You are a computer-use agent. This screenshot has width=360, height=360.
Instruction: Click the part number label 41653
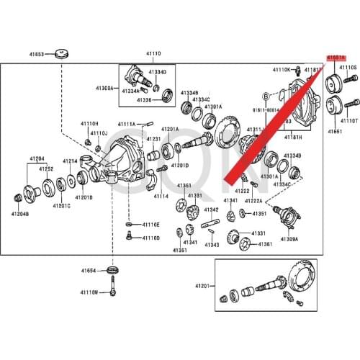pos(36,54)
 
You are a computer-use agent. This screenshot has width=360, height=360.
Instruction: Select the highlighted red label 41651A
pos(336,56)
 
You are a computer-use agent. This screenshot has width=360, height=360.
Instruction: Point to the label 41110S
pos(348,68)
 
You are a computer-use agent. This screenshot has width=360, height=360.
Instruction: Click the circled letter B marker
pos(266,94)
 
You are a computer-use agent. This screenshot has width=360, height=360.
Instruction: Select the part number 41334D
pos(157,73)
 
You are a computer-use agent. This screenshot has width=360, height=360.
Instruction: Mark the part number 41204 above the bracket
pos(37,158)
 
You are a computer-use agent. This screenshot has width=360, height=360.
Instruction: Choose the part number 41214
pos(70,161)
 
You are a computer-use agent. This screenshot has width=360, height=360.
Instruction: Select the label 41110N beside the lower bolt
pos(89,293)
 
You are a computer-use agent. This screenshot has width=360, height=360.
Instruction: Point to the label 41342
pos(211,210)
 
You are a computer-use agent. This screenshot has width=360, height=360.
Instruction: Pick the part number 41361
pos(265,244)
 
